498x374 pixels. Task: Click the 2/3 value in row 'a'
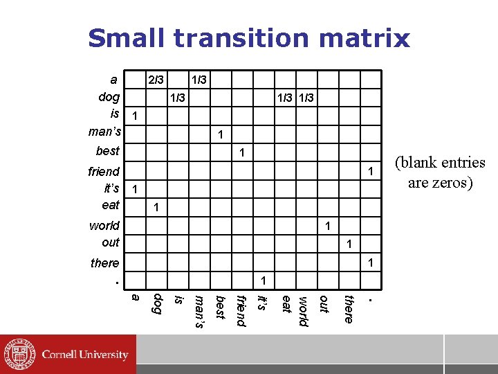click(156, 81)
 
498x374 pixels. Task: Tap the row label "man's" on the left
click(104, 132)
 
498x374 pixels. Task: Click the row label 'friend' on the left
click(104, 171)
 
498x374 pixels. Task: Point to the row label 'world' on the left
click(104, 226)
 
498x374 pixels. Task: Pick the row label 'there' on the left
click(104, 263)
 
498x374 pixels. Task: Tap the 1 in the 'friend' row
click(371, 171)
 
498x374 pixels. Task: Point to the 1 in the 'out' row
click(349, 244)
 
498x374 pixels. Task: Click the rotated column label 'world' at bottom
click(302, 312)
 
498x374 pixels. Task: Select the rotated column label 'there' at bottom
click(349, 309)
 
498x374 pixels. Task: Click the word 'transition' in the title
click(254, 38)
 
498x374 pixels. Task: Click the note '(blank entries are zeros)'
click(439, 172)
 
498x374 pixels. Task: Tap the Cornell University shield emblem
click(18, 354)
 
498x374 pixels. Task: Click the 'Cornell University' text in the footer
click(84, 355)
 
